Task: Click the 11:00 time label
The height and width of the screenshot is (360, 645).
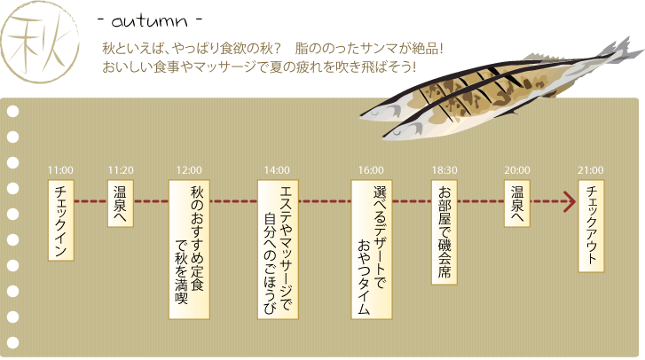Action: point(60,170)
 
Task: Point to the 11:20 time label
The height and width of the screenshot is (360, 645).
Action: point(121,170)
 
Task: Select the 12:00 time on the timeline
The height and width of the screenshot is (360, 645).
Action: point(189,170)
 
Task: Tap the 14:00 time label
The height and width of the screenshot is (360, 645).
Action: point(277,170)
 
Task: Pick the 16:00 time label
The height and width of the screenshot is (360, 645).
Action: point(371,170)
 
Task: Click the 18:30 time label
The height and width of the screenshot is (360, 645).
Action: point(444,170)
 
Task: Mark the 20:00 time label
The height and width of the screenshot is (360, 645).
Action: point(517,170)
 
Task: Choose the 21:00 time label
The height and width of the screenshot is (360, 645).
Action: point(591,170)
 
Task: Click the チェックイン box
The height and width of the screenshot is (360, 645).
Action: point(61,220)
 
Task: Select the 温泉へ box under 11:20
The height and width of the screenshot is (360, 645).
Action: point(121,203)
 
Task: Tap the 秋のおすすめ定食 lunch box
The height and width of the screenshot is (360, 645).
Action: point(189,249)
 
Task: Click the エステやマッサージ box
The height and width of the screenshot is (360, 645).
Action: point(278,249)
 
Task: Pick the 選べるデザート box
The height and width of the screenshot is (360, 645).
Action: point(372,249)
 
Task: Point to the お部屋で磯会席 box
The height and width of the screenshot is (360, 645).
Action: point(444,232)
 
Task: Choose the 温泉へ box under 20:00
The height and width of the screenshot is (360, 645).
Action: point(517,203)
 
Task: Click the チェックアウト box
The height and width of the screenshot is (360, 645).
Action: point(591,226)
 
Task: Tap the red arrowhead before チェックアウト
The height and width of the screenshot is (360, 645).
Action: point(570,202)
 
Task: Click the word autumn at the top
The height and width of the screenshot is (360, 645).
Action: point(149,21)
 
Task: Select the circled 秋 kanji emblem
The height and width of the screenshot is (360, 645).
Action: point(40,41)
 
